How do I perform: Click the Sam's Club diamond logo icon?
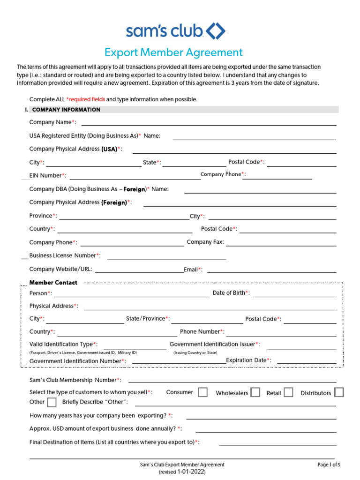[216, 31]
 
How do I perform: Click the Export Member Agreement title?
[173, 52]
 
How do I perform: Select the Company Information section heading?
[66, 110]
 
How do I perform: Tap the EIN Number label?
[47, 175]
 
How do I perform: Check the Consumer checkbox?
[202, 392]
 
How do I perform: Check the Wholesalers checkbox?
[255, 392]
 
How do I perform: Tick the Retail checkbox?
[288, 392]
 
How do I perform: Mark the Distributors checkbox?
[339, 392]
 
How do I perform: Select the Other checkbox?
[52, 402]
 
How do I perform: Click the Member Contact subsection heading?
[53, 283]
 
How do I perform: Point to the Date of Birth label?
[231, 293]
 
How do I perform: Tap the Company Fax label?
[205, 242]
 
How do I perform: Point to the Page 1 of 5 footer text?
[329, 465]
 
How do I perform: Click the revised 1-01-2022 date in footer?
[182, 472]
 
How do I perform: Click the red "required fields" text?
[86, 99]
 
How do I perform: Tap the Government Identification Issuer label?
[214, 344]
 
